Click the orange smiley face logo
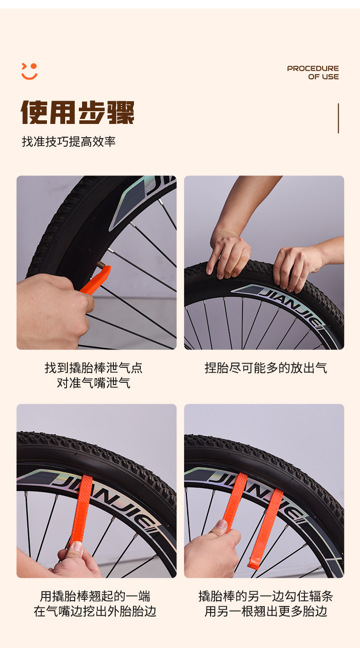pos(29,71)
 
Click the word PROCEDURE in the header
pos(313,68)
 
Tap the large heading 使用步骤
pos(77,113)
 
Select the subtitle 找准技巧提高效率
pos(69,142)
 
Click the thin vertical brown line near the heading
pos(338,118)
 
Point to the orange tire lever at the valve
pos(96,280)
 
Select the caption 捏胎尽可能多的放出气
pos(266,368)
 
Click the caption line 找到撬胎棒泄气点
pos(93,368)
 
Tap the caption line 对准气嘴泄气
pos(93,383)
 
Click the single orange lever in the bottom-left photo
pos(82,509)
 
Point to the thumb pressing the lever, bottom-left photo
pos(76,550)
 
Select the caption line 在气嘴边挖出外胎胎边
pos(95,611)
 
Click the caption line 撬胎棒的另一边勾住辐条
pos(266,596)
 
